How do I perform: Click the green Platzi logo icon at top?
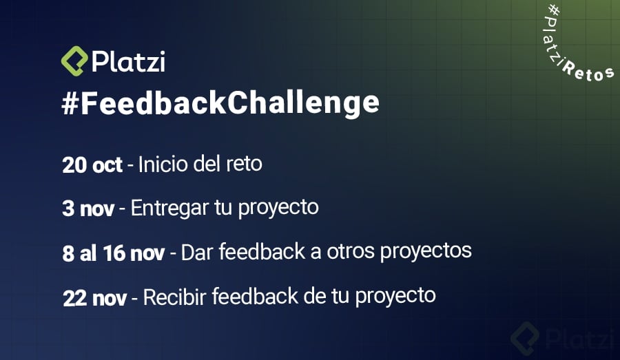point(74,61)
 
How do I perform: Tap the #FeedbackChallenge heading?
point(220,102)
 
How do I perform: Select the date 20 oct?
point(92,166)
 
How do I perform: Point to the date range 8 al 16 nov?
point(114,253)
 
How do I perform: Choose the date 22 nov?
point(94,298)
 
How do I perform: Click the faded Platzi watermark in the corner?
point(564,338)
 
